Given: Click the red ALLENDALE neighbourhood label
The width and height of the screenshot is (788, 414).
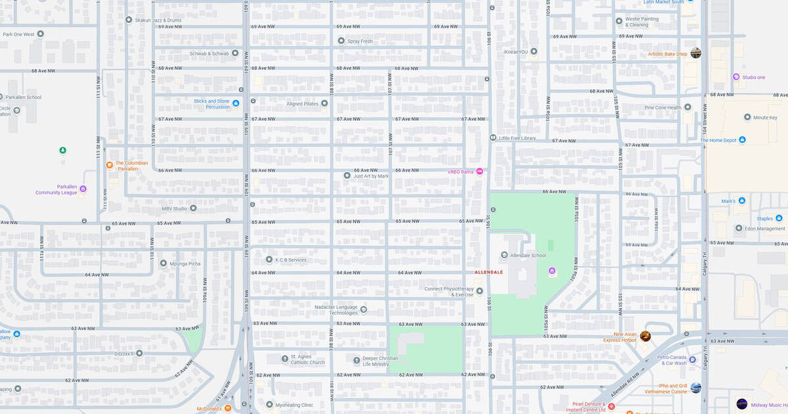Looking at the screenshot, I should (489, 272).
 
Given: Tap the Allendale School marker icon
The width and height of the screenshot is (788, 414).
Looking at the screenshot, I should (504, 255).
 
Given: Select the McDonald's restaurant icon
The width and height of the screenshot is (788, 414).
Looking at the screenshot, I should (228, 408).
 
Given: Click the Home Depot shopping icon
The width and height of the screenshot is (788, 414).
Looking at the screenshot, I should (742, 140).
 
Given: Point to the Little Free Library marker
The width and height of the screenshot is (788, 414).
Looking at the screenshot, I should (492, 138).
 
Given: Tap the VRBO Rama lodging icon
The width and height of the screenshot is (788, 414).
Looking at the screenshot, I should (479, 172).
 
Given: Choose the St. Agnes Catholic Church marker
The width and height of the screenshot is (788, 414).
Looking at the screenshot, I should (276, 359).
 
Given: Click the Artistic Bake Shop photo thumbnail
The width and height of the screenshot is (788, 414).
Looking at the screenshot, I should (695, 53).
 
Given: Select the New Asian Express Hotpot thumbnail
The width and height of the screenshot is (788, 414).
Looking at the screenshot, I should (646, 336).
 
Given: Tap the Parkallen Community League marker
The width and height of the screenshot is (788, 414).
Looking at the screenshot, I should (83, 189).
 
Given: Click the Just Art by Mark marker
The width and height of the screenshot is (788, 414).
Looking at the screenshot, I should (347, 175).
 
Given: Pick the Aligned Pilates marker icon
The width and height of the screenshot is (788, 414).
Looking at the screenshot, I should (324, 103).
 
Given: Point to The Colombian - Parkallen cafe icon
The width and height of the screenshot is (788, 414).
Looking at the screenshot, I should (110, 165).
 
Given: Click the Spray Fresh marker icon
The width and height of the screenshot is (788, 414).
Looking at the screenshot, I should (341, 41).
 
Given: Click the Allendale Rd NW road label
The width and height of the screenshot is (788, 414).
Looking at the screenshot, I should (624, 379).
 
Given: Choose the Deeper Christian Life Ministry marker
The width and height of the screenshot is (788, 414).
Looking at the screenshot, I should (357, 359).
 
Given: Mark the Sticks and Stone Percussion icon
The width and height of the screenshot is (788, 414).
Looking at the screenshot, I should (236, 103).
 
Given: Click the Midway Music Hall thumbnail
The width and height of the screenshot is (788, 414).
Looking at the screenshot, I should (741, 403).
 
